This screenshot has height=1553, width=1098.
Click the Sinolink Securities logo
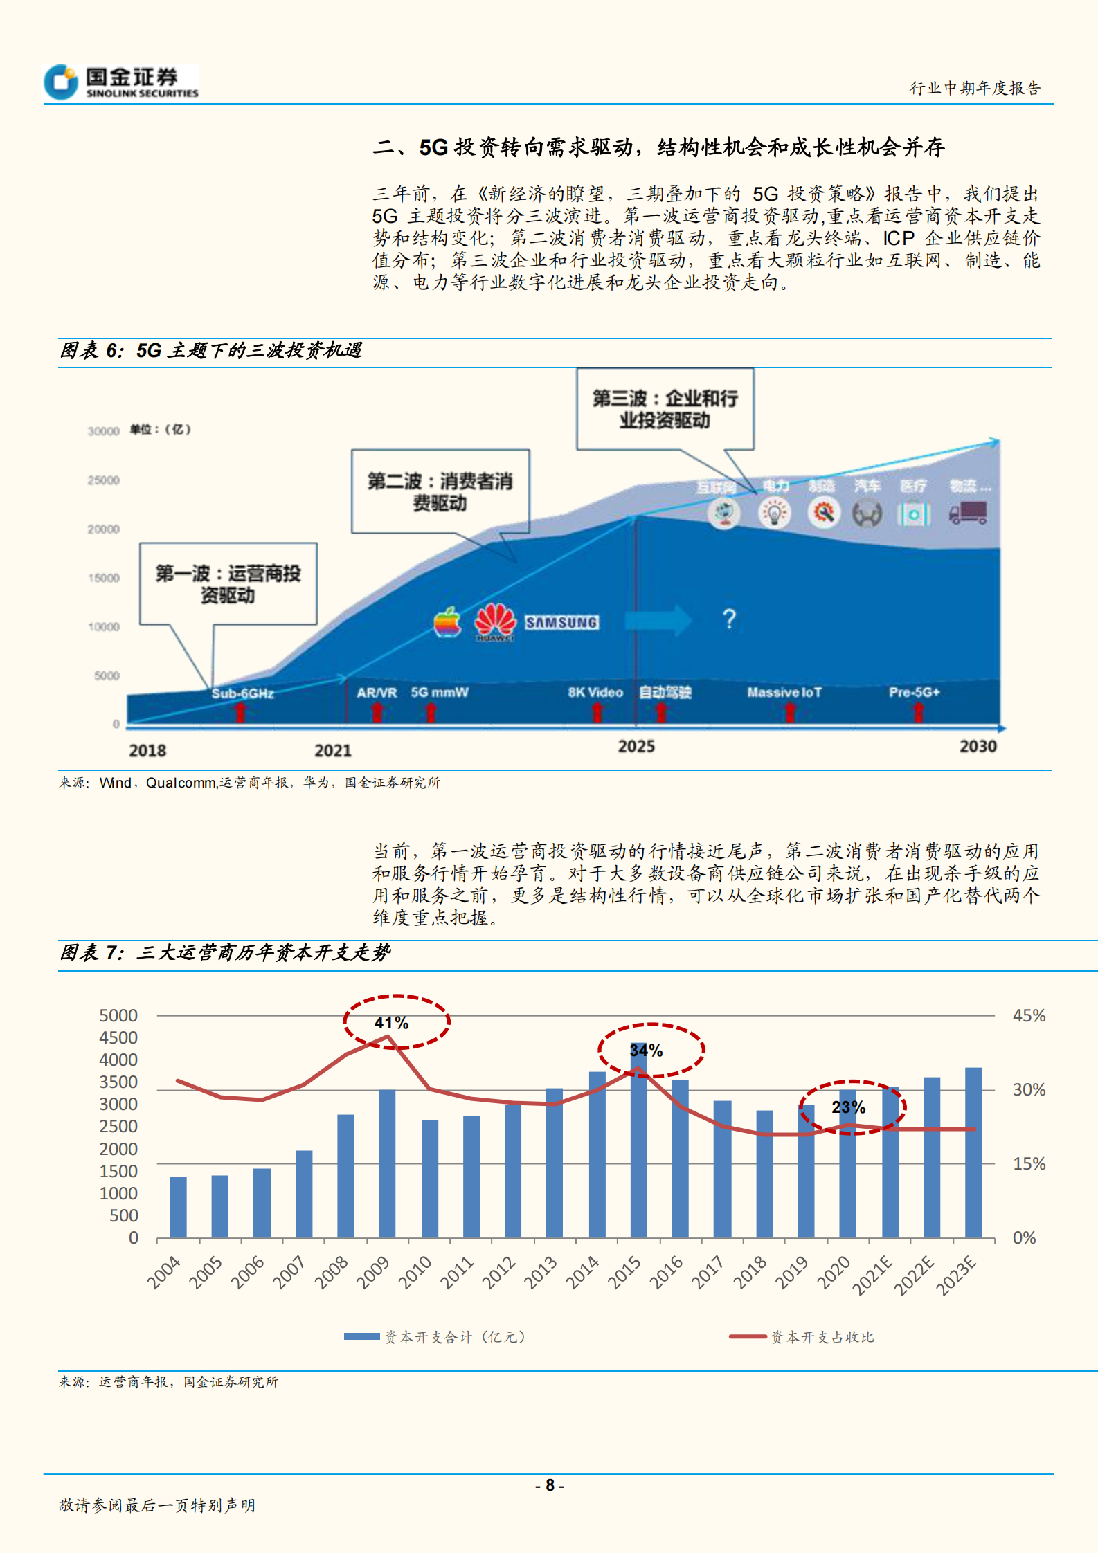coord(121,82)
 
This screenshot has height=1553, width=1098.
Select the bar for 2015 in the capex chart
coord(638,1142)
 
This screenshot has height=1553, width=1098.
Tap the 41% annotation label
coord(392,1023)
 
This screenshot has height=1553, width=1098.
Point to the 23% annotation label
coord(849,1107)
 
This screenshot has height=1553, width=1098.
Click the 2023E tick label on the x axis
coord(957,1275)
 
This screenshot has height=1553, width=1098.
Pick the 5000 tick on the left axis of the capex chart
coord(118,1015)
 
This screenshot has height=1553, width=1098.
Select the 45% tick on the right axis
coord(1029,1015)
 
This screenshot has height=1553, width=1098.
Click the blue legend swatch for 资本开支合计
coord(361,1336)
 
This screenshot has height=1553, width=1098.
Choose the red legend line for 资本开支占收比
coord(748,1336)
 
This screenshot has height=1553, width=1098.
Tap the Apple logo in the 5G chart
coord(447,622)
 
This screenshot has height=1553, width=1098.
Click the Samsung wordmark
coord(561,622)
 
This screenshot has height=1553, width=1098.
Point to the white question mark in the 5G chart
coord(729,619)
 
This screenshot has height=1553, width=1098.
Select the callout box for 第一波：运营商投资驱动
coord(228,584)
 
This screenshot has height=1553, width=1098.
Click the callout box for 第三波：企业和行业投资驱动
coord(665,409)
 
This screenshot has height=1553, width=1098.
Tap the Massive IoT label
coord(784,692)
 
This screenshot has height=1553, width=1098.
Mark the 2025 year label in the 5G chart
coord(636,746)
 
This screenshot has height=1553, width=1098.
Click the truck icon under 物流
coord(968,513)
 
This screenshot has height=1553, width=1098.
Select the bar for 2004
coord(178,1207)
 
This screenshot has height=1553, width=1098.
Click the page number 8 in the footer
coord(550,1485)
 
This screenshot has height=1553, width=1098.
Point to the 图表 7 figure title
coord(225,953)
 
